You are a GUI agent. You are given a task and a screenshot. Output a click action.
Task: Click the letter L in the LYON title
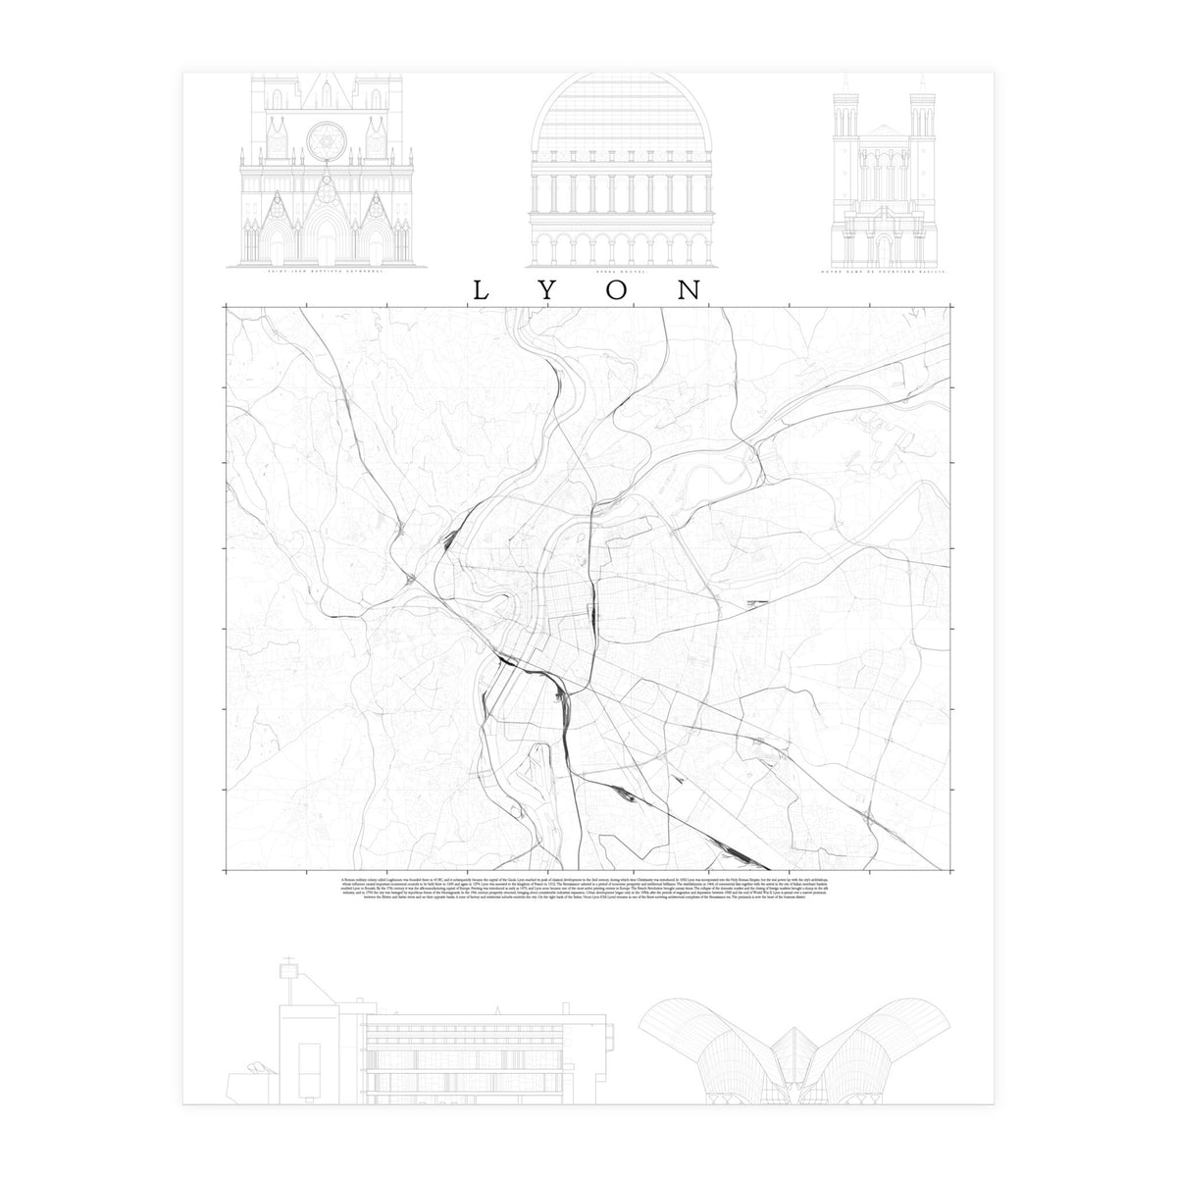click(481, 291)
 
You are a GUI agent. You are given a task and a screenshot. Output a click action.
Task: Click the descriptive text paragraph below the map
click(588, 891)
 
